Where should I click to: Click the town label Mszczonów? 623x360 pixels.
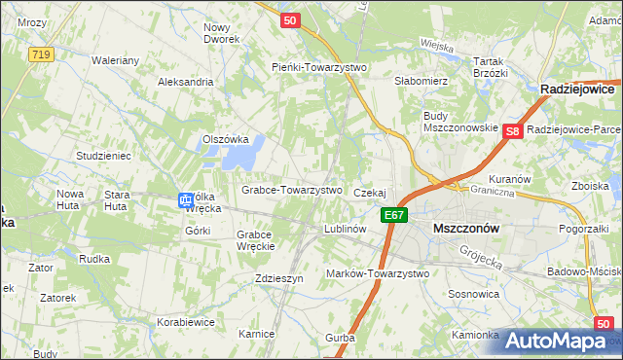pyautogui.click(x=464, y=228)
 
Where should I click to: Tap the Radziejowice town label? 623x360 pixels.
pyautogui.click(x=581, y=89)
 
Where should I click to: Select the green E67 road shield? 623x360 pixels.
pyautogui.click(x=394, y=215)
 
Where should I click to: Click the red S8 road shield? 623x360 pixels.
pyautogui.click(x=515, y=130)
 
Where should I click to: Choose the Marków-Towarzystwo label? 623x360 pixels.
pyautogui.click(x=378, y=273)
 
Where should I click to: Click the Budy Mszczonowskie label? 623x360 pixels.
pyautogui.click(x=460, y=122)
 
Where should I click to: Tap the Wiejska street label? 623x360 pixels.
pyautogui.click(x=437, y=45)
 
